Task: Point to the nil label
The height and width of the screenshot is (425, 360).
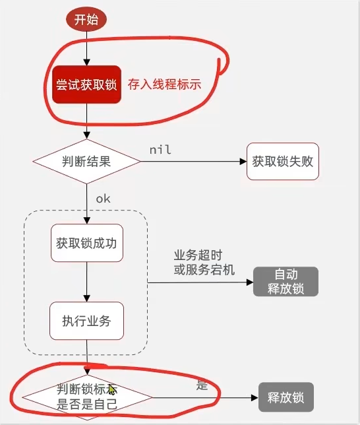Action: point(160,150)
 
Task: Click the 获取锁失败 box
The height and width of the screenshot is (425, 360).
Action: point(282,160)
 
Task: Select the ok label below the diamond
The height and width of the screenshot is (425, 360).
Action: point(103,198)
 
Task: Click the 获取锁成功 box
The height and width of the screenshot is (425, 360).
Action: point(86,242)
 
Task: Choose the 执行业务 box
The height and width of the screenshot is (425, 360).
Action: point(86,321)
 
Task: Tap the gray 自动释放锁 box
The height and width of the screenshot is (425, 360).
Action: point(286,282)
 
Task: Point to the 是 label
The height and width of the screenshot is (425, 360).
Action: point(202,385)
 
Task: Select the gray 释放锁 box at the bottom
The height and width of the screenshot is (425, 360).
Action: point(285,398)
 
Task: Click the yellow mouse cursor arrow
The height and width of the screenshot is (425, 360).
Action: point(112,390)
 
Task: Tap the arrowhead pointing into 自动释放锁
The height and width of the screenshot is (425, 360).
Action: point(250,282)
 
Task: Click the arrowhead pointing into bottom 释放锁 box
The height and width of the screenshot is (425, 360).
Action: point(254,398)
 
